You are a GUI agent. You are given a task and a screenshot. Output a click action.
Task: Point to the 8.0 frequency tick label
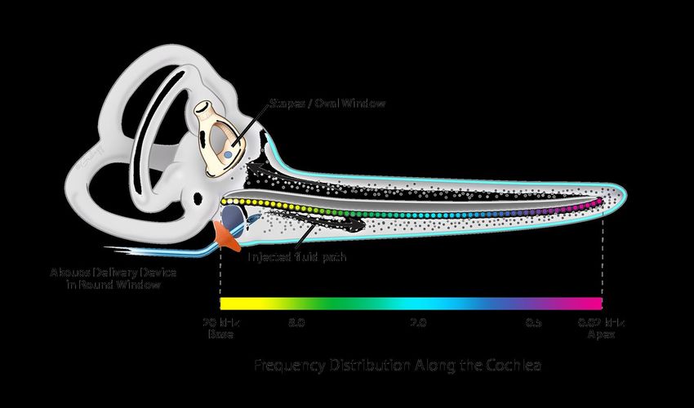click(x=296, y=323)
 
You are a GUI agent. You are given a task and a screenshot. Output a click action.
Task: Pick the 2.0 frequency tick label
click(x=418, y=323)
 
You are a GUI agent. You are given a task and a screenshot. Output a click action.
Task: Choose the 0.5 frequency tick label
click(x=533, y=323)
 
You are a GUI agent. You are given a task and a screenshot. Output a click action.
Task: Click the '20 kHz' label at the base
click(x=215, y=323)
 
